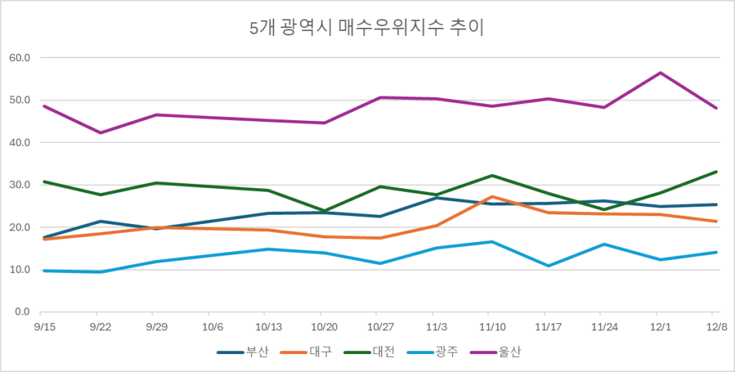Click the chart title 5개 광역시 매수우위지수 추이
(367, 28)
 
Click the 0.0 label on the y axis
(22, 312)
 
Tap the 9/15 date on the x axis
(44, 327)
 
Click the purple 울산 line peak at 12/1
(660, 73)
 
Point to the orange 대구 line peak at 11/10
(490, 197)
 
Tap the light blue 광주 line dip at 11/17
(548, 266)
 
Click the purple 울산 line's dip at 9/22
(100, 133)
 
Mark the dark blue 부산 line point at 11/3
(435, 197)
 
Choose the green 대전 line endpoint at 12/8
(716, 172)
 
